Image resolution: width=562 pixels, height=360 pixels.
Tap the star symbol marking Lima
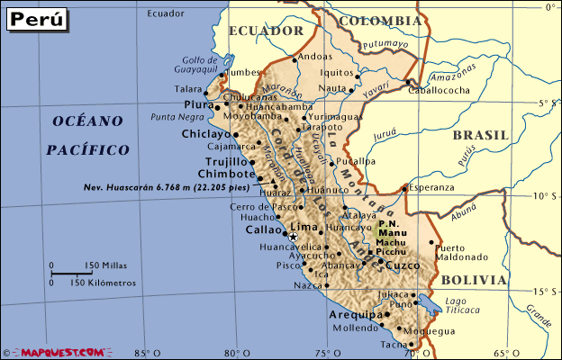[x=292, y=235]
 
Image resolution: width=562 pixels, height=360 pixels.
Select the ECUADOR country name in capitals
[x=266, y=31]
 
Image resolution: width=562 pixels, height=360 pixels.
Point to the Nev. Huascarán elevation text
[x=166, y=186]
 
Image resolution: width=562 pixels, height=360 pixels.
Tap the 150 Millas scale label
[x=104, y=265]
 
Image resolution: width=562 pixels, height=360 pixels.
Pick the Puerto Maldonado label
[x=460, y=252]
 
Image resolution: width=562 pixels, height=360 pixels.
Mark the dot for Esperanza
[x=403, y=188]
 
